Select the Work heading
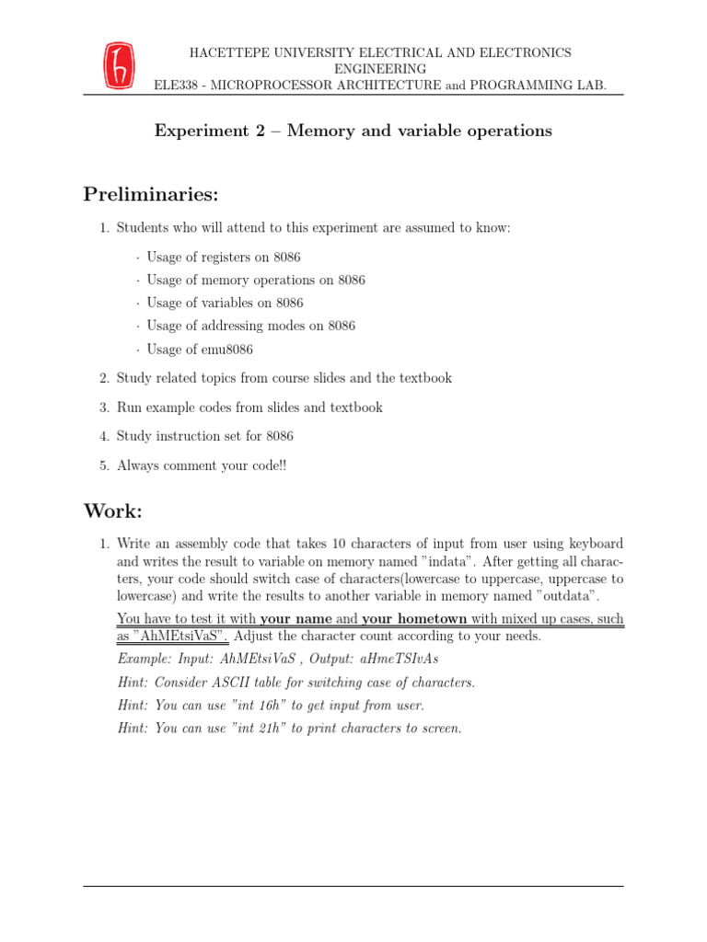point(113,510)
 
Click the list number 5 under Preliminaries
point(104,465)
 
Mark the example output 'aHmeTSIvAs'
point(400,660)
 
